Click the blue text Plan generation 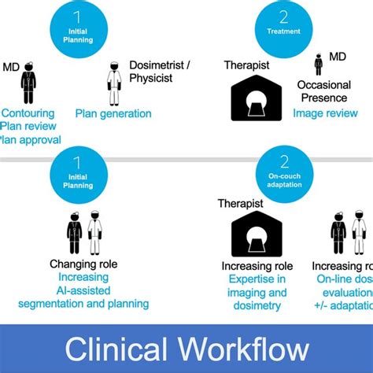(113, 113)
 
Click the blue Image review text (326, 113)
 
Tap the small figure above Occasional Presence (319, 65)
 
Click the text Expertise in (257, 279)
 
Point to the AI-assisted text (83, 291)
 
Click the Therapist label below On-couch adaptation (241, 205)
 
